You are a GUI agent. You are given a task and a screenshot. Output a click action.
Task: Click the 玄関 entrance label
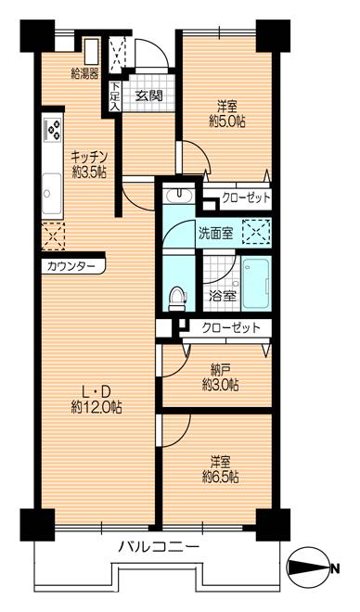coord(148,95)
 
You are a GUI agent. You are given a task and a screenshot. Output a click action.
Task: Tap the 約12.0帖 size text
coord(96,406)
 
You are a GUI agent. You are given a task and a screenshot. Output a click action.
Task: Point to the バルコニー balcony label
coord(158,547)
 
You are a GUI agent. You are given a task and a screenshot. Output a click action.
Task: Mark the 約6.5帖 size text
coord(221,477)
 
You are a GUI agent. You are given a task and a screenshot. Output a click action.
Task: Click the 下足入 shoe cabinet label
coord(114,96)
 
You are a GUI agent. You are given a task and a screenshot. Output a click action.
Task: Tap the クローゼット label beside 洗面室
coord(246,197)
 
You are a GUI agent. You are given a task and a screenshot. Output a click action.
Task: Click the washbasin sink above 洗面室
coord(178,196)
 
